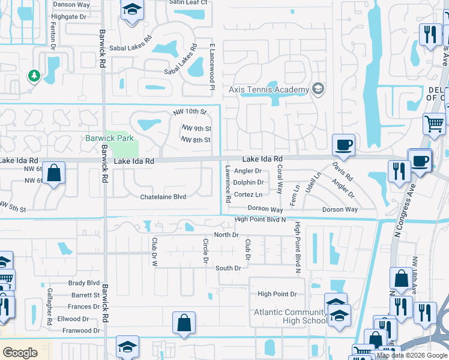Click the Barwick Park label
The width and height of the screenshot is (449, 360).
point(109,138)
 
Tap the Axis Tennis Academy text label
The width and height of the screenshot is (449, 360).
point(268,89)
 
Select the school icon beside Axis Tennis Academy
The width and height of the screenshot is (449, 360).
point(318,89)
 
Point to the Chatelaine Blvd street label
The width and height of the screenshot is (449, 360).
point(163,197)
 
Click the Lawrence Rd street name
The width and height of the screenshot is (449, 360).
point(228,184)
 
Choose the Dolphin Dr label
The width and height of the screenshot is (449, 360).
point(249,182)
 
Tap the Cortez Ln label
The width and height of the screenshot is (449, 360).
point(248,194)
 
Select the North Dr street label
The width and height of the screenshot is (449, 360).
point(226,235)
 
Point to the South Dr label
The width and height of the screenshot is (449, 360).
point(228,268)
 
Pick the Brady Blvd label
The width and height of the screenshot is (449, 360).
point(83,283)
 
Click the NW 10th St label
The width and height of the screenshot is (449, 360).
point(190,112)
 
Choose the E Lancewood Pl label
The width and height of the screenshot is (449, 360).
point(212,64)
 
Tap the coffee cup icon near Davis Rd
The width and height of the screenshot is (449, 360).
point(343,145)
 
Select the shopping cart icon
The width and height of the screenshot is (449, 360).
point(433,124)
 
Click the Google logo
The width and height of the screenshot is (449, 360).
point(20,353)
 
